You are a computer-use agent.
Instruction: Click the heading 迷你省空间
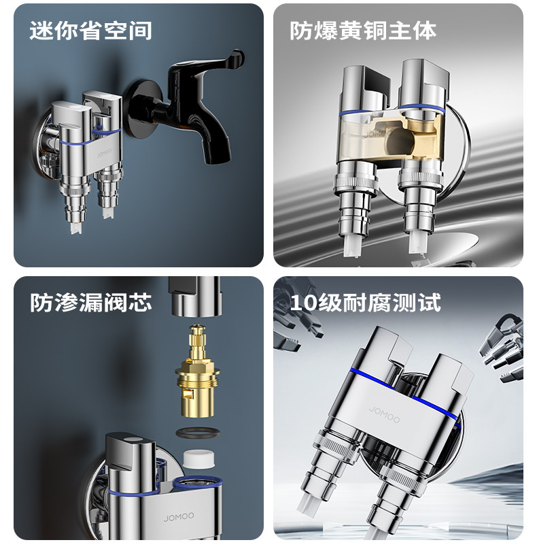tap(90, 31)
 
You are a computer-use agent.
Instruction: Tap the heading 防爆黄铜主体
tap(363, 31)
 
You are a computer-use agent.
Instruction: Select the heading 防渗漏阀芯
tap(91, 303)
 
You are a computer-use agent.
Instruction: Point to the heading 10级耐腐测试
tap(366, 303)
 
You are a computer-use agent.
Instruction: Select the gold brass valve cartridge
tap(197, 371)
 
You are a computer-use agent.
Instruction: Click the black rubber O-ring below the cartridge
tap(198, 433)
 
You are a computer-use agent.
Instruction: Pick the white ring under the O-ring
tap(198, 459)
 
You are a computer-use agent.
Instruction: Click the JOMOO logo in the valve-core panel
tap(179, 517)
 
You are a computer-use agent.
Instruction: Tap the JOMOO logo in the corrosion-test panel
tap(385, 414)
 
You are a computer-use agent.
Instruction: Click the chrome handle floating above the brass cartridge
tap(196, 297)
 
